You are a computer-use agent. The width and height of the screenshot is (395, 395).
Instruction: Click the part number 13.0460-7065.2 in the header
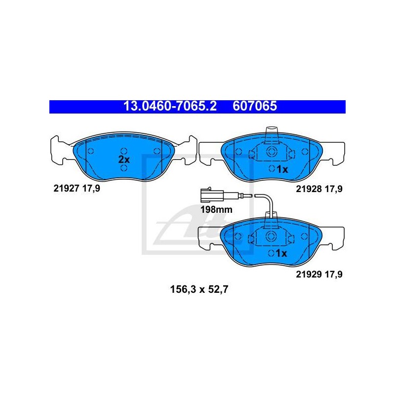[170, 106]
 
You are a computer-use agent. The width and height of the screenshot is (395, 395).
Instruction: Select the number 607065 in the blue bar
[255, 106]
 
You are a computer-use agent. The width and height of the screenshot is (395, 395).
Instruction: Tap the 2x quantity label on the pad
[124, 159]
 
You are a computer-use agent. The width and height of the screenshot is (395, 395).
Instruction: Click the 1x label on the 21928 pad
[282, 169]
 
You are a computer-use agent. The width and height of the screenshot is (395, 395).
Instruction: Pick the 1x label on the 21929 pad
[281, 253]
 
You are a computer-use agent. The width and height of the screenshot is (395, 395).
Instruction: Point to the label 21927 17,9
[77, 188]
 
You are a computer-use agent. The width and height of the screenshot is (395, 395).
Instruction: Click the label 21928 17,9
[319, 189]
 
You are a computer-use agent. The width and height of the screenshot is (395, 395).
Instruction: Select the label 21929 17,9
[319, 274]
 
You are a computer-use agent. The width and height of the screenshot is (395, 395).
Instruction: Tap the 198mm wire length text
[216, 209]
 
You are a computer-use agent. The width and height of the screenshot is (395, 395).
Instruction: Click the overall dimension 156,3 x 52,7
[199, 289]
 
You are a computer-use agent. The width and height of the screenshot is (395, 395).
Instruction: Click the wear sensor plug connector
[212, 195]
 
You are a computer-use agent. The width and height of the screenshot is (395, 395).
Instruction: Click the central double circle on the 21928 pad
[272, 152]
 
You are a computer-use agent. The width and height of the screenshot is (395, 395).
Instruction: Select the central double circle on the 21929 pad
[271, 237]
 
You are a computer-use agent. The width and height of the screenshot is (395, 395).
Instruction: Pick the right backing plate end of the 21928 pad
[333, 154]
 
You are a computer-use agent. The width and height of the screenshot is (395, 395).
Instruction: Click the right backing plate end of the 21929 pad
[333, 238]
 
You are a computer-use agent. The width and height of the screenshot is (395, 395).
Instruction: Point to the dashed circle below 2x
[124, 168]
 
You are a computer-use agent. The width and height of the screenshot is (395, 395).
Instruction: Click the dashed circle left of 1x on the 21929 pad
[271, 253]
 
